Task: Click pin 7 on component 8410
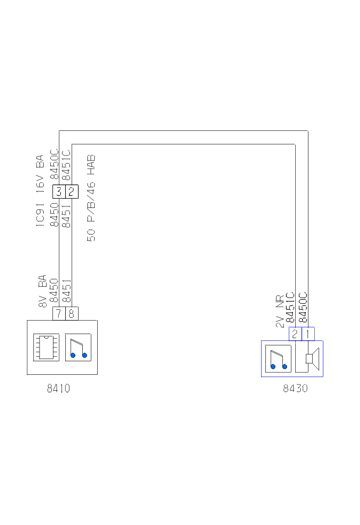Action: tap(59, 314)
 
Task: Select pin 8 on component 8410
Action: tap(71, 314)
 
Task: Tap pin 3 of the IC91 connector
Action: tap(59, 192)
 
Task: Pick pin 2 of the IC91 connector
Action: tap(71, 192)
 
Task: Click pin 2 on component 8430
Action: tap(295, 334)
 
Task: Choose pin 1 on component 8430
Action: tap(308, 334)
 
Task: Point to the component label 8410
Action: tap(59, 389)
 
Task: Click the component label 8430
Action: tap(295, 389)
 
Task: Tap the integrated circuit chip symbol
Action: tap(46, 347)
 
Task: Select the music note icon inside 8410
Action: tap(78, 347)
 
